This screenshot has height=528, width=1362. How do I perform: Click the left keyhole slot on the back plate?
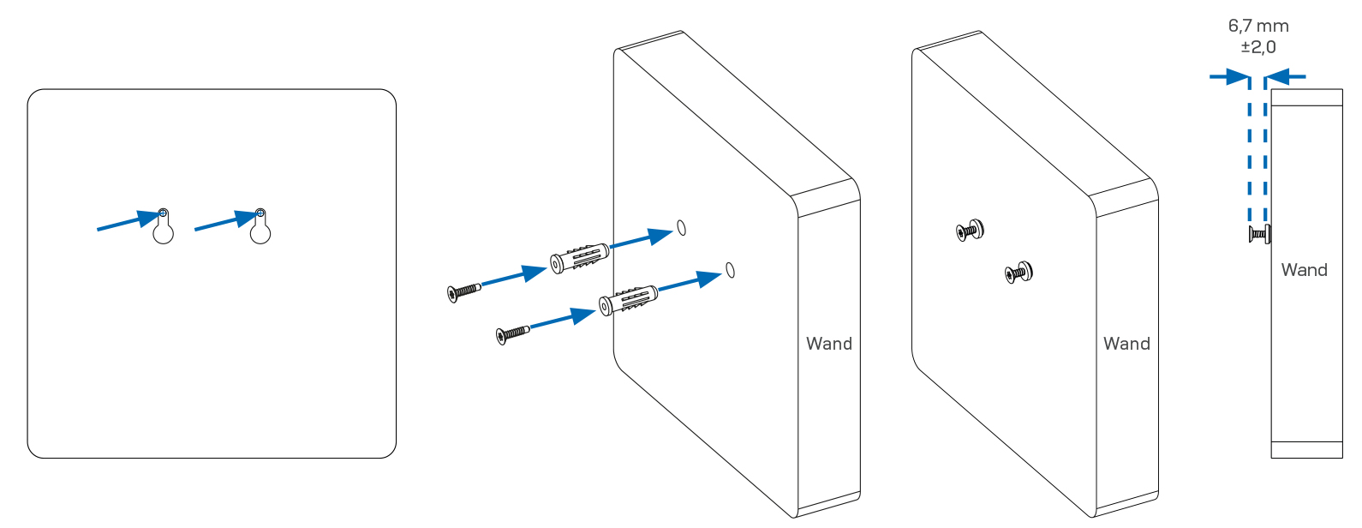pos(163,228)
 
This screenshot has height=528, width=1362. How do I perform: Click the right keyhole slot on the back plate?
pos(260,228)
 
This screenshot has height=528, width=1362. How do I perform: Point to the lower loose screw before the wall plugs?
pos(512,333)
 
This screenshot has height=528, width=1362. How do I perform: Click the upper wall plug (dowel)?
pos(580,257)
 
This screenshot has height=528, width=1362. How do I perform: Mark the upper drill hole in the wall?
pos(682,227)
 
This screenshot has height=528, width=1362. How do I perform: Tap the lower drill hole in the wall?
pos(730,270)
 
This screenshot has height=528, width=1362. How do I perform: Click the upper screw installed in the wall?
pos(971,230)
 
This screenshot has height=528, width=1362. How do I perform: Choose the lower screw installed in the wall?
pos(1019,273)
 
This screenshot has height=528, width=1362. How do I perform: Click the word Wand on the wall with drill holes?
pos(828,344)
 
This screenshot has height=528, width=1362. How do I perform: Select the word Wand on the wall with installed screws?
pos(1126,344)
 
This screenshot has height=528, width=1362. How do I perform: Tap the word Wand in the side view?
pos(1304,270)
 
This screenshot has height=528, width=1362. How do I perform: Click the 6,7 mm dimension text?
pos(1258,27)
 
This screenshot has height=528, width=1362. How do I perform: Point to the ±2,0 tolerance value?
pos(1258,47)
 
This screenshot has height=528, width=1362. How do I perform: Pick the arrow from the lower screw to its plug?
pos(562,320)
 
